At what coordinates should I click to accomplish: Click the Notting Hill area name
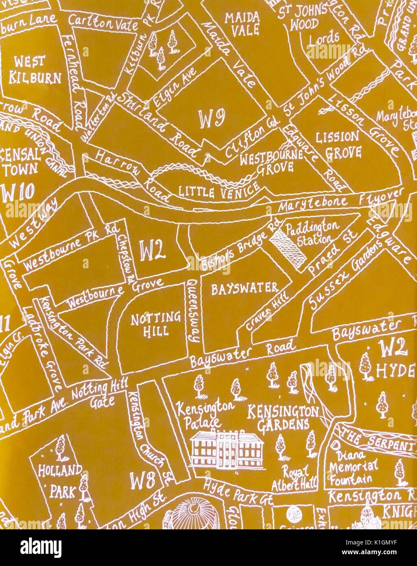tap(156, 324)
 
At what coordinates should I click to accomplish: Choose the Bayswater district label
tap(244, 289)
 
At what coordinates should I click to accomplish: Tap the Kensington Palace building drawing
tap(227, 450)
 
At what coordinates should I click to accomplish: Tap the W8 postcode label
tap(142, 481)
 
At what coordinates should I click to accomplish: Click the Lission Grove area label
tap(338, 144)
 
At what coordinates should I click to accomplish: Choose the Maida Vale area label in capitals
tap(242, 23)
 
